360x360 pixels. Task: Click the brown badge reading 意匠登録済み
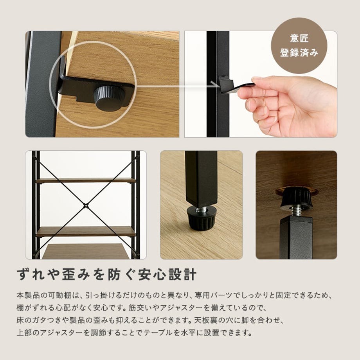(299, 46)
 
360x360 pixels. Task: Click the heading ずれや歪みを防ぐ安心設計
(107, 274)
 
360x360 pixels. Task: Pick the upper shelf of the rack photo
(85, 180)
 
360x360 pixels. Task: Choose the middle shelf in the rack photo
(86, 232)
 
